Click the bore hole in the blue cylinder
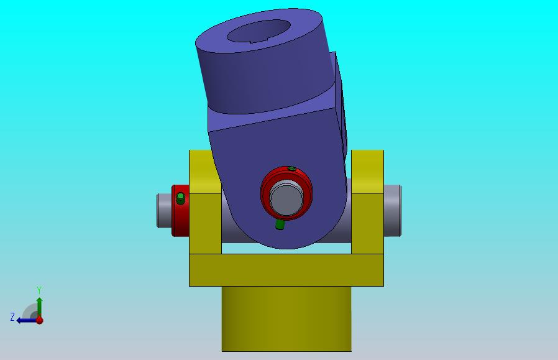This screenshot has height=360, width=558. coord(258,31)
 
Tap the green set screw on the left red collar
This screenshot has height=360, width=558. coord(180,198)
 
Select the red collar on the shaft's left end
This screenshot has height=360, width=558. coord(180,210)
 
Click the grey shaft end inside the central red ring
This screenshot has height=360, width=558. coord(286,198)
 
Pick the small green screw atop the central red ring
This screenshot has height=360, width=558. coord(291,168)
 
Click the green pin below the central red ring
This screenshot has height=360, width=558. coord(280,224)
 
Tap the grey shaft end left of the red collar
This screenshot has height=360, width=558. coord(164,210)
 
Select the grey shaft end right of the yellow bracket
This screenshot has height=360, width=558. coord(393,210)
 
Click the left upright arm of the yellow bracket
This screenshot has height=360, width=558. coord(205,202)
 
